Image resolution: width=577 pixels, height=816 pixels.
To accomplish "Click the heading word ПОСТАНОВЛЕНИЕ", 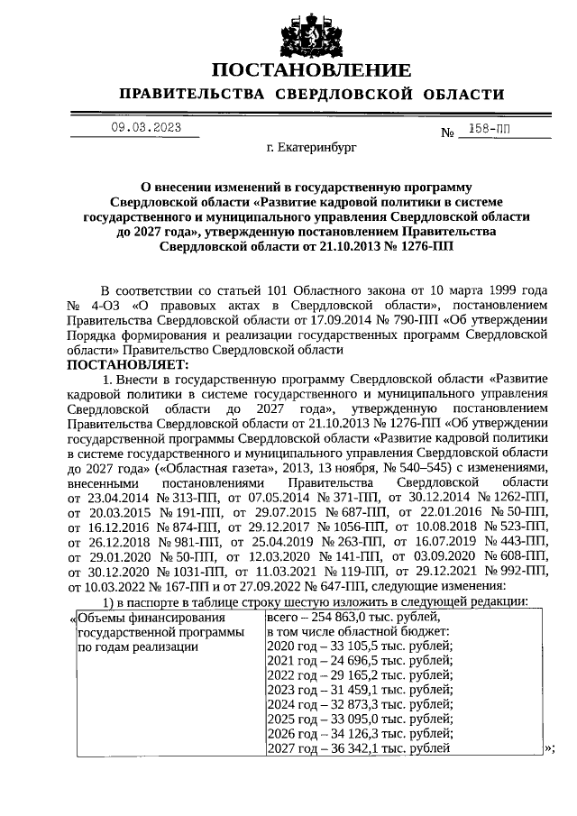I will point(311,69).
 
